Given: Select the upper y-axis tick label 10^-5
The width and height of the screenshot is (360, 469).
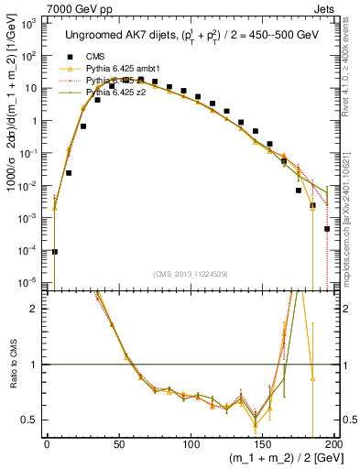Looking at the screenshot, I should (29, 281).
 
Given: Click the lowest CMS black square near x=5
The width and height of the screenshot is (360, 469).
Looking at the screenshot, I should (54, 251).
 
